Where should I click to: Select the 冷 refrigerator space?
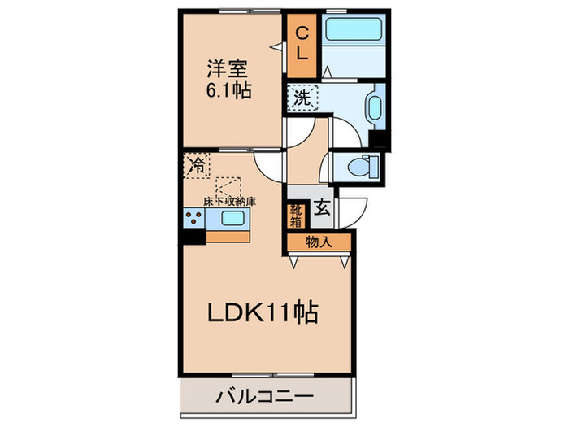(x=197, y=165)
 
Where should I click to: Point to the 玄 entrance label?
(x=322, y=208)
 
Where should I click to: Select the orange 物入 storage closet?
(x=318, y=242)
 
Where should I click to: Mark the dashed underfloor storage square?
(x=229, y=185)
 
